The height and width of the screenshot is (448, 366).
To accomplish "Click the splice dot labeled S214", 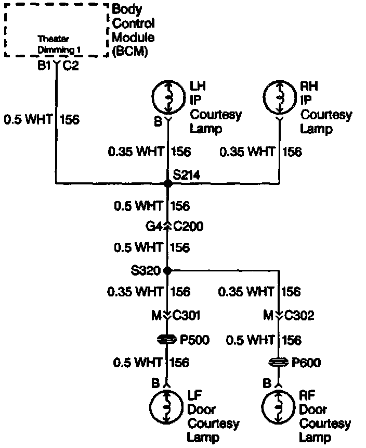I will [x=167, y=183].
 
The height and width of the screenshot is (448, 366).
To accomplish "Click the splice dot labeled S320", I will [x=167, y=270].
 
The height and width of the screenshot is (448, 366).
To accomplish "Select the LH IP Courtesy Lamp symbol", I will [x=167, y=96].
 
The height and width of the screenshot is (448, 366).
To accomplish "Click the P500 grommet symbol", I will [x=167, y=340].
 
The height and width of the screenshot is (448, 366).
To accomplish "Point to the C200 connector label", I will [x=188, y=227].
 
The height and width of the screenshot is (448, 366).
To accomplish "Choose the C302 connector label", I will [x=300, y=316].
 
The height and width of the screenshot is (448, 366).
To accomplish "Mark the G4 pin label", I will [x=154, y=227].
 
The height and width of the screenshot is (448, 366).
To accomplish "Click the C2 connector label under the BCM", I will [x=71, y=66].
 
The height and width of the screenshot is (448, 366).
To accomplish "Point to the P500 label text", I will [x=194, y=340].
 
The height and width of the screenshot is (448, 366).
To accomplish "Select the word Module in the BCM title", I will [x=133, y=38].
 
